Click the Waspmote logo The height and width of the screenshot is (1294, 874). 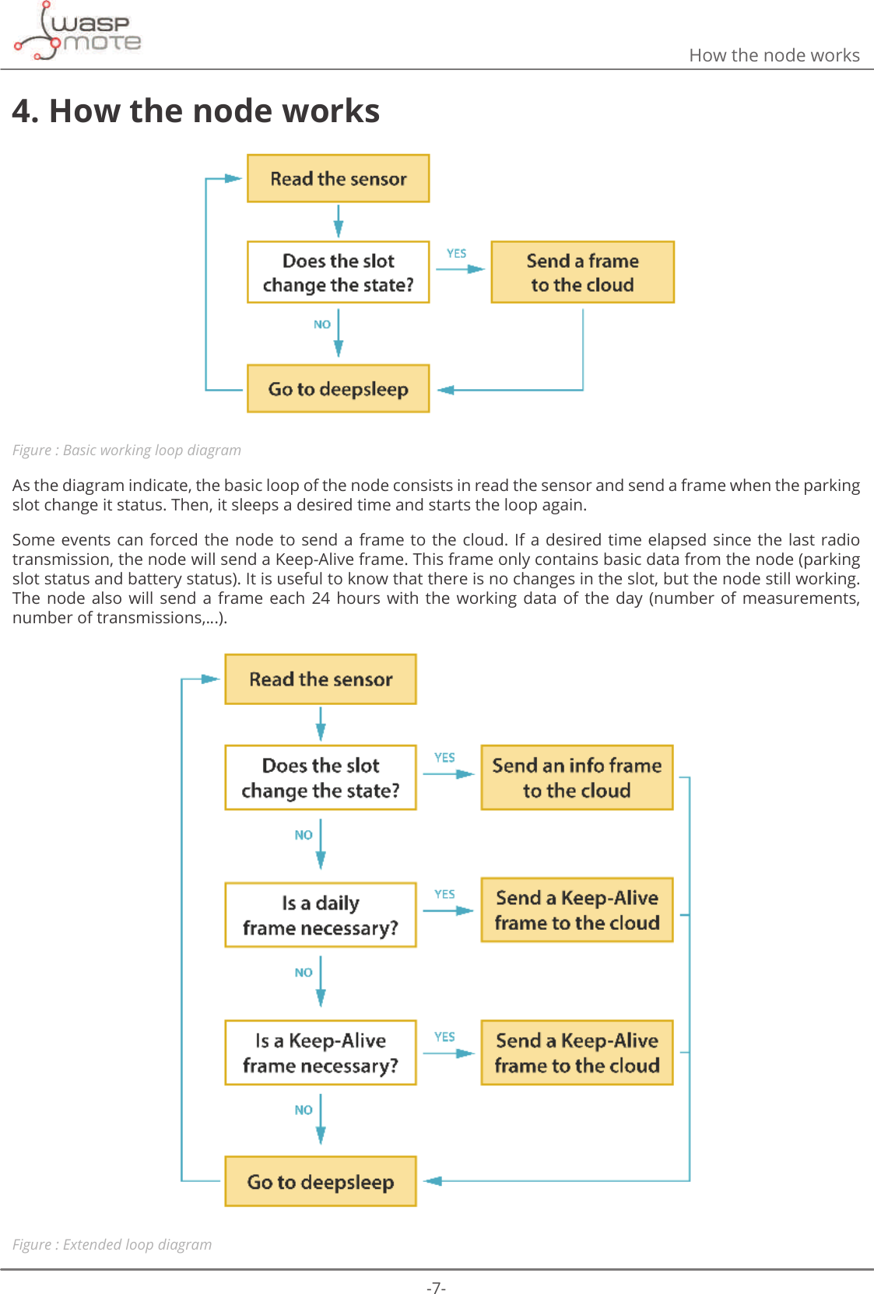click(78, 32)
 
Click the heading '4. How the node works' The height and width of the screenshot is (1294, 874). click(196, 111)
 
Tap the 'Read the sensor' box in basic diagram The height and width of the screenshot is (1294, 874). click(338, 179)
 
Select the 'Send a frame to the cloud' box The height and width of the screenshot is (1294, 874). click(582, 272)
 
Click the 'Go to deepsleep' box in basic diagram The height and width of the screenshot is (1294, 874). click(338, 389)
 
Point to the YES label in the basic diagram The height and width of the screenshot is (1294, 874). click(457, 254)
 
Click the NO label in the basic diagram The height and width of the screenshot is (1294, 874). click(322, 324)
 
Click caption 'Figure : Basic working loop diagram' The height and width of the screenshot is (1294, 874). click(127, 451)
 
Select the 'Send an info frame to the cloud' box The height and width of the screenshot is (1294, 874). click(577, 778)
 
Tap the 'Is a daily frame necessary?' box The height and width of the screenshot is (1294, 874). click(321, 915)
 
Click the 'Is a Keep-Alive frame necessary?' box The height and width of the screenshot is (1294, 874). click(321, 1053)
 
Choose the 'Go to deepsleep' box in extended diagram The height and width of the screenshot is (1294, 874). click(321, 1182)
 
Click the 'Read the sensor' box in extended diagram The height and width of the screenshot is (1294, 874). click(321, 679)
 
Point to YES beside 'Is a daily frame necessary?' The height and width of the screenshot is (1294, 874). click(445, 895)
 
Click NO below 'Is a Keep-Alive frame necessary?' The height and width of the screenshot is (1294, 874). click(304, 1110)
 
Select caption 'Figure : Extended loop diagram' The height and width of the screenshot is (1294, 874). click(112, 1244)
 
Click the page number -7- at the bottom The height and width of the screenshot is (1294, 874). click(436, 1288)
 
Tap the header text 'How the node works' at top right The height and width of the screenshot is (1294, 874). click(774, 55)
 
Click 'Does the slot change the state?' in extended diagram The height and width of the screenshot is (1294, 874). click(321, 778)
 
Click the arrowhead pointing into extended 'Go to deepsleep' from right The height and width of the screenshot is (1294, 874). click(433, 1181)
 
